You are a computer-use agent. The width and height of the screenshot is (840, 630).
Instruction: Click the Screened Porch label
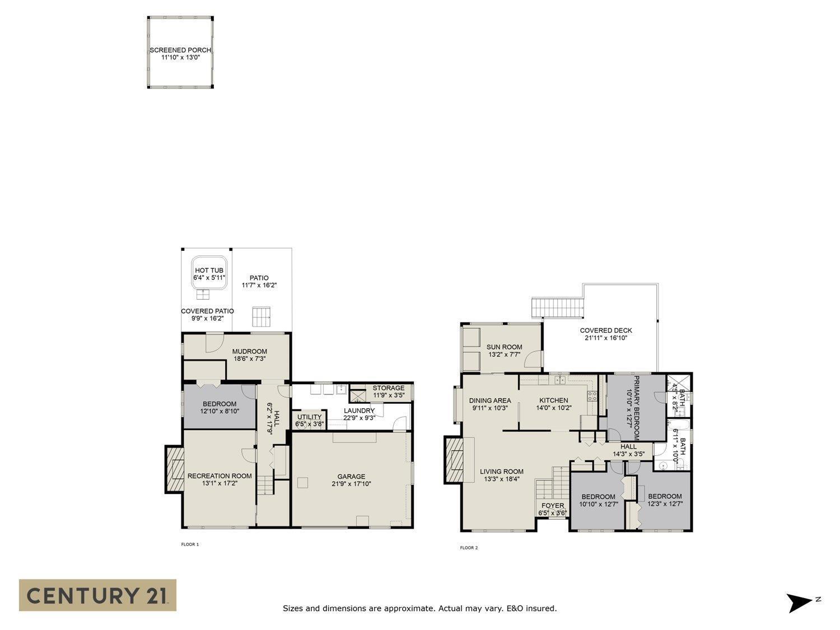click(x=180, y=50)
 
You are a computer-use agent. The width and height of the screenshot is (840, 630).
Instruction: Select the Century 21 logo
click(x=97, y=595)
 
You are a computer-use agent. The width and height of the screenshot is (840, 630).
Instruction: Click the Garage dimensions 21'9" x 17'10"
click(x=351, y=484)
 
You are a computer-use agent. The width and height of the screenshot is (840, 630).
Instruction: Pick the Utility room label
click(x=309, y=417)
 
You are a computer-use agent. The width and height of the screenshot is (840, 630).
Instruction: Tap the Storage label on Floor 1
click(x=388, y=388)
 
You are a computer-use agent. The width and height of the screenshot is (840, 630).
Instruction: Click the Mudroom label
click(x=250, y=352)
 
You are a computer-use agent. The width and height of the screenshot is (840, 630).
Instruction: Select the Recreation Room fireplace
click(x=175, y=469)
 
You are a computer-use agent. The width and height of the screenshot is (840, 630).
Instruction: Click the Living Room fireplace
click(x=454, y=460)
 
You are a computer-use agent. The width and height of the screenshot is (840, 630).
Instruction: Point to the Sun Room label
click(x=504, y=347)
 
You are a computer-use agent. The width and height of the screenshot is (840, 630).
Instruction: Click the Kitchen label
click(x=553, y=400)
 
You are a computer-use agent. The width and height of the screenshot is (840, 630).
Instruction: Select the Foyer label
click(x=552, y=506)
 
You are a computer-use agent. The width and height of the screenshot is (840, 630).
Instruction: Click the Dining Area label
click(x=490, y=400)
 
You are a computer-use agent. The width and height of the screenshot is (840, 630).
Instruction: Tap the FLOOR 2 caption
click(x=469, y=548)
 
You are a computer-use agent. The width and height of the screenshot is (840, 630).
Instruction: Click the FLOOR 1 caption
click(x=190, y=544)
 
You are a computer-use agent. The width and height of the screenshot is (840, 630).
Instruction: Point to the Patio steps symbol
click(x=261, y=316)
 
